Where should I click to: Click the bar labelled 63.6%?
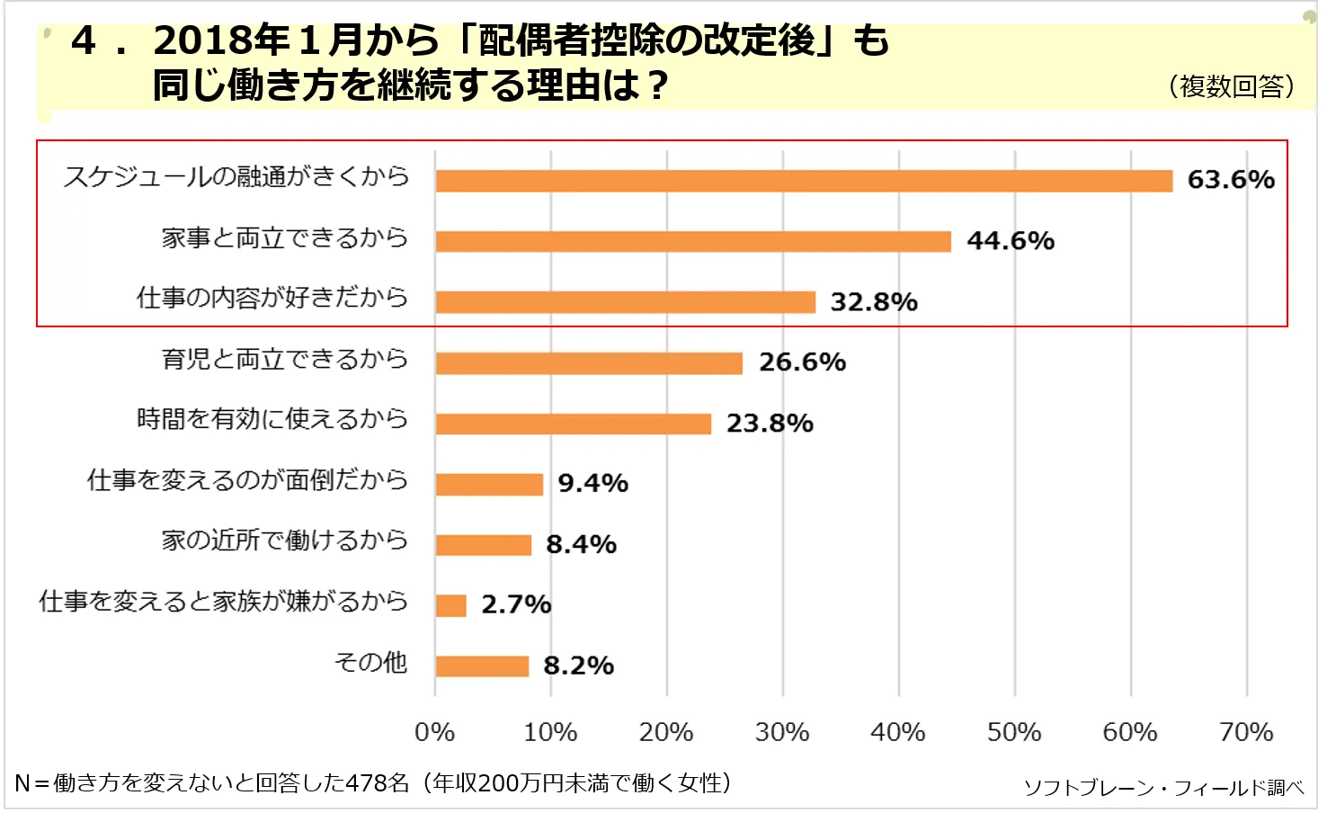click(x=804, y=181)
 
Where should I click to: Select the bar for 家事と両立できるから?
click(x=693, y=241)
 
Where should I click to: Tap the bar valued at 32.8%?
click(x=626, y=302)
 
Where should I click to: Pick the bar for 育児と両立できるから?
click(x=589, y=363)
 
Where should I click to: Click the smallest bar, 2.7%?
click(x=450, y=605)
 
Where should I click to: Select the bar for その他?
click(x=482, y=666)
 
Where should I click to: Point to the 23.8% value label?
click(x=770, y=423)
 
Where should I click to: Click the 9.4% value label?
click(x=592, y=484)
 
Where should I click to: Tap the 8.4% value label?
click(x=581, y=544)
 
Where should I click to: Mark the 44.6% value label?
click(x=1010, y=241)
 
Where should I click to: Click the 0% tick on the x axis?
click(x=434, y=732)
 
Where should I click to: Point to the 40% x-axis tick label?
click(x=898, y=732)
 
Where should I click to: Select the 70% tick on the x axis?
click(x=1246, y=732)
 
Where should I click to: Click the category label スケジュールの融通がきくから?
click(x=236, y=176)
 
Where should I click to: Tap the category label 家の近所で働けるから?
click(x=285, y=541)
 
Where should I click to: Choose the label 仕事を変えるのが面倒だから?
click(x=247, y=480)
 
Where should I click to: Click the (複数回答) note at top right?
click(x=1232, y=86)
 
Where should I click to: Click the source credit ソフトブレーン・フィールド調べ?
click(x=1163, y=788)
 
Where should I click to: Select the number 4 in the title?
click(x=84, y=41)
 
